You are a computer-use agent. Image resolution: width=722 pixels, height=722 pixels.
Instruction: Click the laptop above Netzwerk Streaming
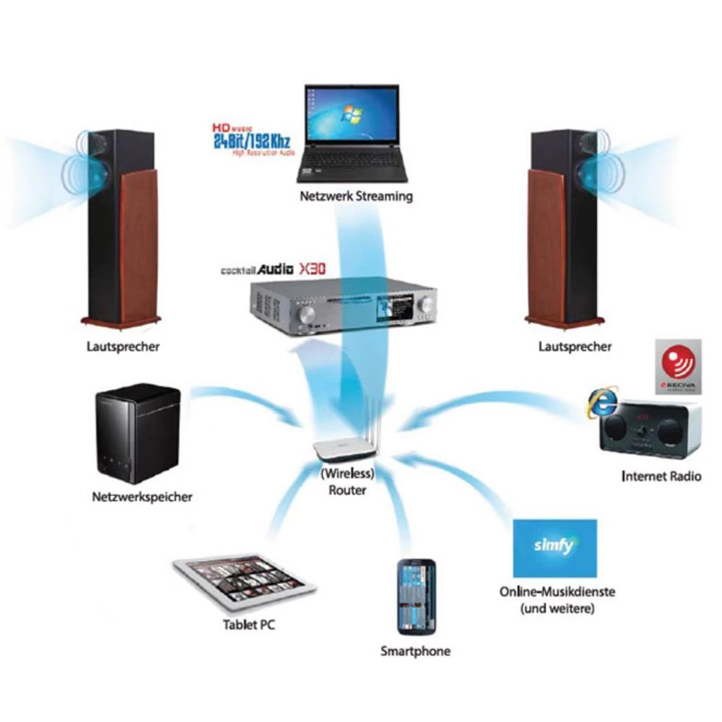click(x=352, y=134)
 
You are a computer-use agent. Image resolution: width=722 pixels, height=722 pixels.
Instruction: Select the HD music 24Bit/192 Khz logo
click(x=250, y=137)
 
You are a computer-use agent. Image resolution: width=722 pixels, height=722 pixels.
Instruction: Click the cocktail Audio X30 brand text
click(x=274, y=269)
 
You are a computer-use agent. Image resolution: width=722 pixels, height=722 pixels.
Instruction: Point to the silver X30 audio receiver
click(x=344, y=307)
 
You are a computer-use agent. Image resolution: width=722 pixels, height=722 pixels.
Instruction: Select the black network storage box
click(x=136, y=433)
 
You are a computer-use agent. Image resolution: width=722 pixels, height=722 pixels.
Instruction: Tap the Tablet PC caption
click(x=248, y=625)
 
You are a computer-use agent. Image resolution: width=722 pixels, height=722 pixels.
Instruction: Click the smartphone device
click(x=415, y=596)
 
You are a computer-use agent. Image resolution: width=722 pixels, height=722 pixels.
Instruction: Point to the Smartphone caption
click(x=415, y=651)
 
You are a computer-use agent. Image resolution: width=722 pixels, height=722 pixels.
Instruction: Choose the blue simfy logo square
click(x=554, y=547)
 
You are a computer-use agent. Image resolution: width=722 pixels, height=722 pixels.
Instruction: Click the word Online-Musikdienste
click(x=557, y=592)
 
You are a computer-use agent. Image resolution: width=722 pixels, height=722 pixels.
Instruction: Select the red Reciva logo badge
click(x=678, y=367)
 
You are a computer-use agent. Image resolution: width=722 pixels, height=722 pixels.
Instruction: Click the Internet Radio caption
click(x=661, y=477)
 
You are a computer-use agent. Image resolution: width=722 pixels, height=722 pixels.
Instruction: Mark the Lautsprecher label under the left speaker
click(x=121, y=347)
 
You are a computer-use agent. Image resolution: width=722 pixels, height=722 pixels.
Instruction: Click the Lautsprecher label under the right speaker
click(x=575, y=347)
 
